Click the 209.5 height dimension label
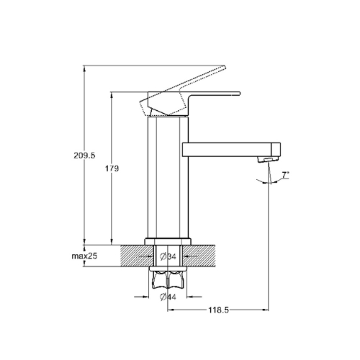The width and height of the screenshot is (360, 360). tap(84, 156)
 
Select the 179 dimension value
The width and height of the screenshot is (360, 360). tap(112, 168)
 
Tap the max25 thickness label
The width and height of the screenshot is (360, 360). tap(84, 256)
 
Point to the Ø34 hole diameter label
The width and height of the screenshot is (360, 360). tap(168, 256)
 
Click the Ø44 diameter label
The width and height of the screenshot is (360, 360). tap(168, 297)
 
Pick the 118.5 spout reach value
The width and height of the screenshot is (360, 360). tap(218, 310)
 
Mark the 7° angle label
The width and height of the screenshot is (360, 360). tap(285, 175)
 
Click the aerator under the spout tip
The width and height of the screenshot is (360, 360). tap(269, 159)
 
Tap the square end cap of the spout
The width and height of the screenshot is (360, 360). tap(276, 150)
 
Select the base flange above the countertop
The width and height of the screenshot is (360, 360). tap(168, 242)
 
